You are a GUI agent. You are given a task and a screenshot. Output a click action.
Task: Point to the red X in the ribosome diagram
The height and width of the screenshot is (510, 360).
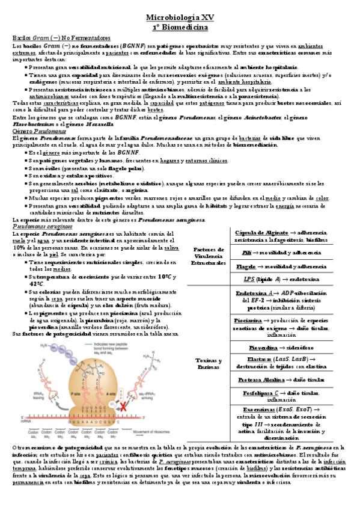(x=124, y=407)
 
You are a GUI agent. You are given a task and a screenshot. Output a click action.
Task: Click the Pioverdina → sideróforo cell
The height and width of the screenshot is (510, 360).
(x=282, y=348)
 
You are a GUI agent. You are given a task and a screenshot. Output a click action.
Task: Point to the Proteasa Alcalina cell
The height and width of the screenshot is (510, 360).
(x=282, y=380)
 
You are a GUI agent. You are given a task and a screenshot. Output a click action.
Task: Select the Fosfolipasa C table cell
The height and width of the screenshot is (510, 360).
(x=282, y=396)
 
